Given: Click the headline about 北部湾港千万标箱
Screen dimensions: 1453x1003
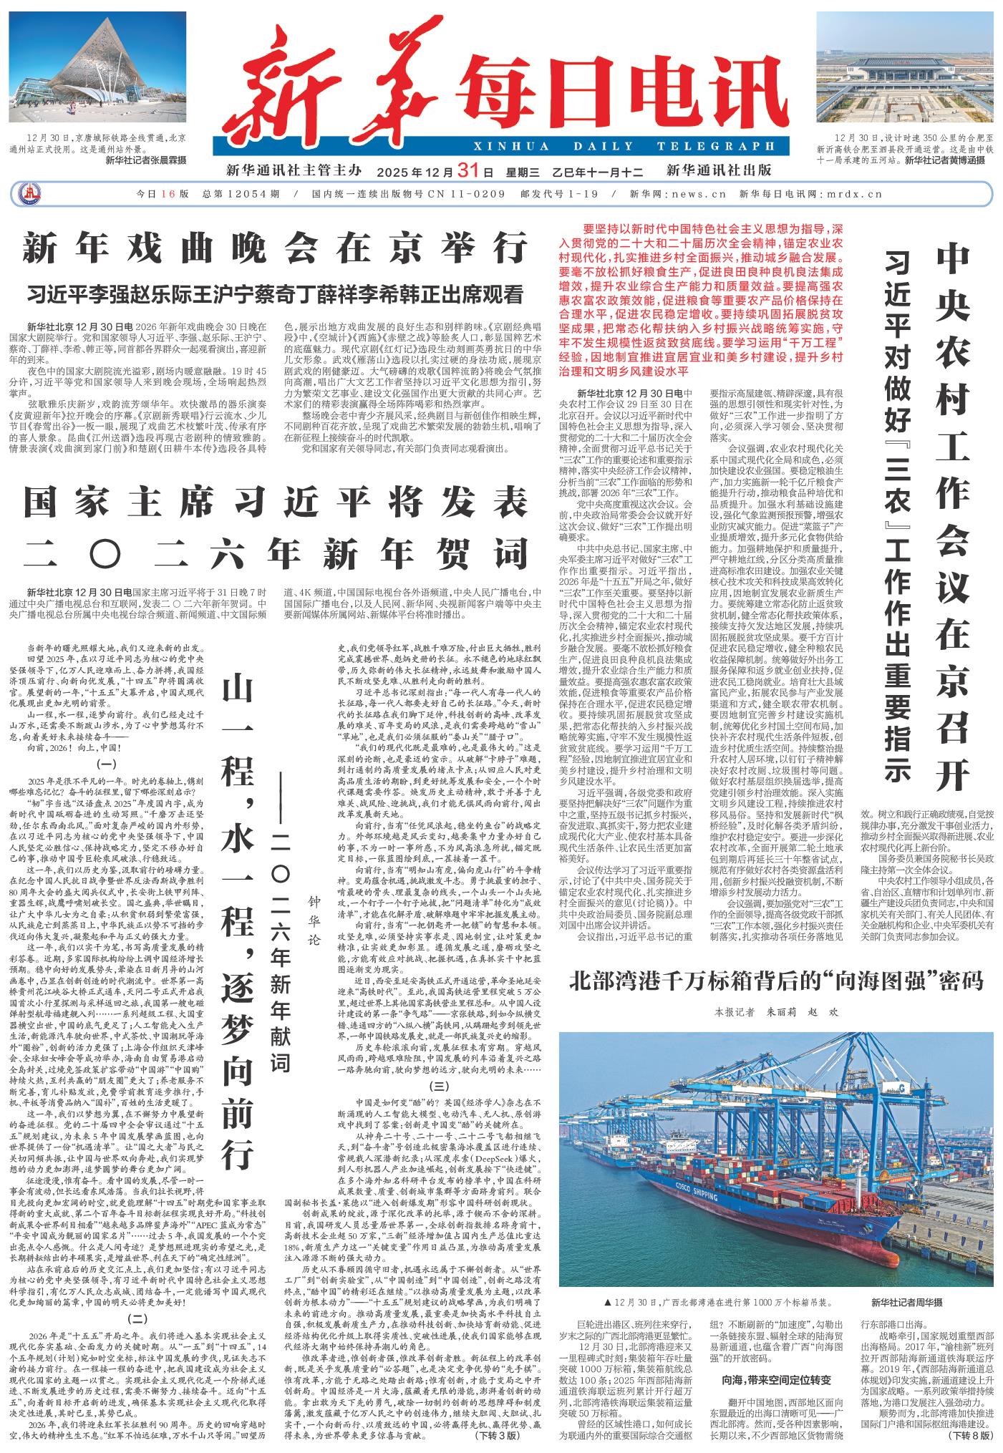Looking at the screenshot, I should click(776, 979).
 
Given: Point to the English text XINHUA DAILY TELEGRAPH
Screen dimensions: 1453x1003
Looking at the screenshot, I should click(622, 147).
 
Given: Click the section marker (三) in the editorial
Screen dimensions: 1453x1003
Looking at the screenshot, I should click(439, 1086).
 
